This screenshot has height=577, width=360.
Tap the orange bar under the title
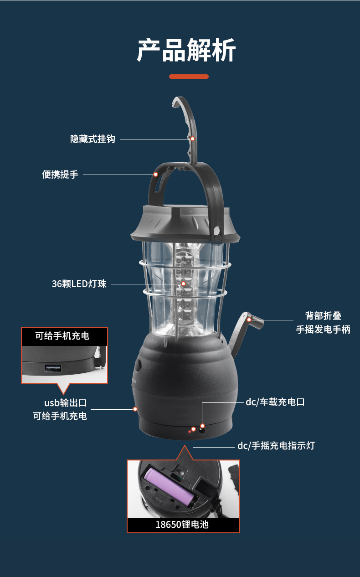189,77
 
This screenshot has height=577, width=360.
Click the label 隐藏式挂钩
93,139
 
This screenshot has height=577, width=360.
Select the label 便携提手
60,174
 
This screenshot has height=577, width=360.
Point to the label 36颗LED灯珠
79,283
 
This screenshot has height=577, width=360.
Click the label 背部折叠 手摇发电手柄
323,323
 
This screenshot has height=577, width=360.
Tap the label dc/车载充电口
275,402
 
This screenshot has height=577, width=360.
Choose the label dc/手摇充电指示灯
276,445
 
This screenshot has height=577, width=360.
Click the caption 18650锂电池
182,525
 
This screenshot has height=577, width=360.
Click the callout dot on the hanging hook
192,139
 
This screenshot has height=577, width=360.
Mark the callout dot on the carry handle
156,174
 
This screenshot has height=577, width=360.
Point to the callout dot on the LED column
183,283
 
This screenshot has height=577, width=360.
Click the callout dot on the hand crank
249,320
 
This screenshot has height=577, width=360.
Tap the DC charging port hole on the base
202,428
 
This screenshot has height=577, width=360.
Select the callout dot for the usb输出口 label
135,409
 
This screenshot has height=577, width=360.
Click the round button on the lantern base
138,367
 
